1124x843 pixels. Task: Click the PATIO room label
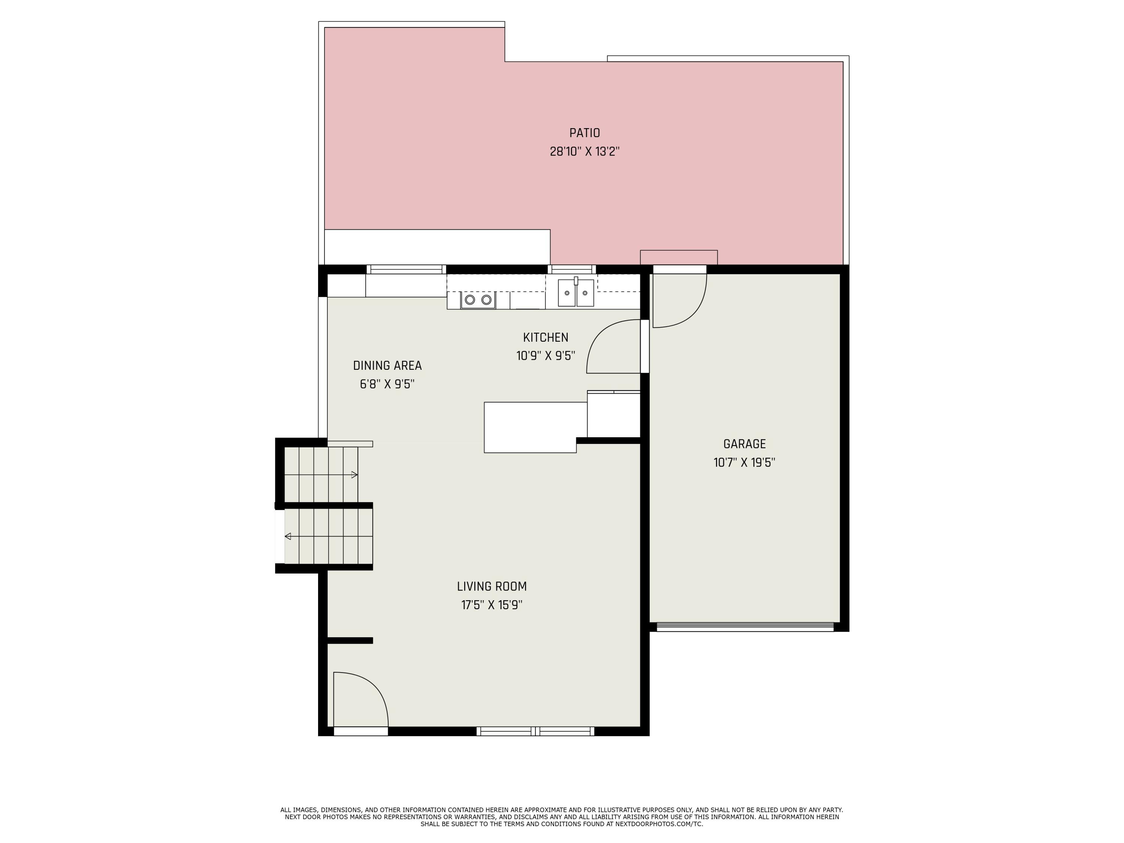(584, 133)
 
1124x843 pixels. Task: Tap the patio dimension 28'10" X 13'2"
(584, 151)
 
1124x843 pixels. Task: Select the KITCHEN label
(545, 338)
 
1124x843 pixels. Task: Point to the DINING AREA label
(387, 365)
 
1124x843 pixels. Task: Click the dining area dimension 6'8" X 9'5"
(387, 384)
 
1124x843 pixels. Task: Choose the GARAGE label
(744, 444)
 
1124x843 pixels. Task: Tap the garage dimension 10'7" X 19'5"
(744, 462)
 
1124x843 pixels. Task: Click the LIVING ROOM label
(491, 586)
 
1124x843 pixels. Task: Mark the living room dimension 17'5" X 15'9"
(491, 605)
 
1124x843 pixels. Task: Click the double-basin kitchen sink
(576, 293)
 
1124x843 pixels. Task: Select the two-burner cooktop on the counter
(478, 300)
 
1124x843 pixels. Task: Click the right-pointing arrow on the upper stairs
(354, 475)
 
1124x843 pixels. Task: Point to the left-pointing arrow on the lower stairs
(288, 536)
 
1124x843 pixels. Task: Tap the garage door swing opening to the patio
(679, 301)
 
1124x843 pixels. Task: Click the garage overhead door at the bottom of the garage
(745, 627)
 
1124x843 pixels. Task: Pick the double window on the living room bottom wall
(535, 731)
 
